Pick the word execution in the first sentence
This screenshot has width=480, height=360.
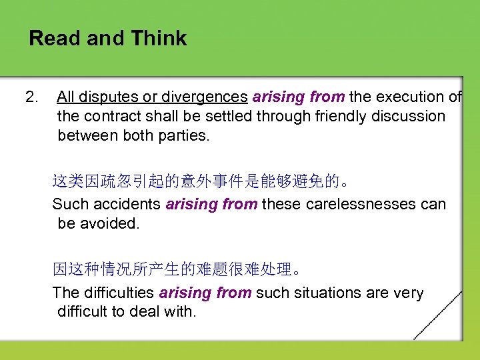[x=412, y=97]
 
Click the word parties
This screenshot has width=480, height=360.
[x=184, y=135]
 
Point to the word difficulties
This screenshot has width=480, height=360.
[x=119, y=293]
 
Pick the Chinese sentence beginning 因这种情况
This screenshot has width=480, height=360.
[x=180, y=269]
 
